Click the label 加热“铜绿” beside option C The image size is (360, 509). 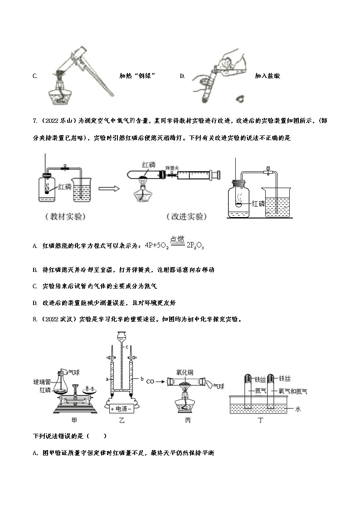click(x=134, y=76)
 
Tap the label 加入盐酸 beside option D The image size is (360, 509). click(x=267, y=76)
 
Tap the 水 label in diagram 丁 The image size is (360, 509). click(x=298, y=409)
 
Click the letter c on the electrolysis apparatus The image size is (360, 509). click(x=127, y=347)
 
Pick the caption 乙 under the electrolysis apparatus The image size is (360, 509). click(x=122, y=421)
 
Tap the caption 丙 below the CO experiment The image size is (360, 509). click(x=188, y=421)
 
